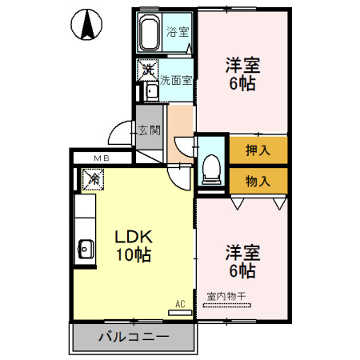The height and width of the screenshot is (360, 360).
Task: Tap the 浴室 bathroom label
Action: (x=177, y=33)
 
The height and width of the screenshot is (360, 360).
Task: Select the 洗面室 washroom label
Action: (x=175, y=80)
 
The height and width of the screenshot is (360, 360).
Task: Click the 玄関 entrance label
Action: (x=149, y=130)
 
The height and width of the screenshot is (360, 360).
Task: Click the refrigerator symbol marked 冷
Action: (x=94, y=180)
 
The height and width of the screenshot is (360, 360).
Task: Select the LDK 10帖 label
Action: (x=133, y=246)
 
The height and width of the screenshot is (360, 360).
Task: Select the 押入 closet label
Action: (x=258, y=150)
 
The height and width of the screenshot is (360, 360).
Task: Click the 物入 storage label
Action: (x=258, y=180)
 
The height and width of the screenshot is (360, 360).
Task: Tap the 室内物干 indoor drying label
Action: (x=226, y=297)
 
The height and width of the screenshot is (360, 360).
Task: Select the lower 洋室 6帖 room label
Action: (x=242, y=262)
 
